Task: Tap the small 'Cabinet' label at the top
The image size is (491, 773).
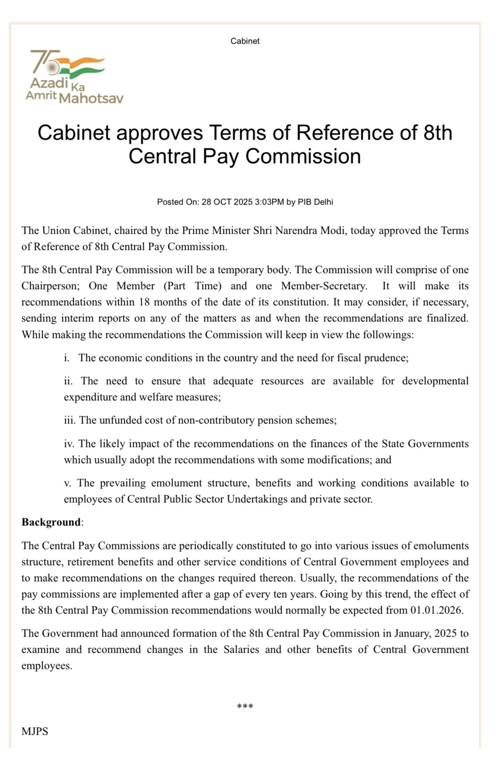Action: [245, 41]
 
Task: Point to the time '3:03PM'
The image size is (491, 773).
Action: [269, 202]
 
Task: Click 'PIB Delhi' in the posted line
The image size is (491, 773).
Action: [315, 202]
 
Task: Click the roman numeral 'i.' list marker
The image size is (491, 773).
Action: [67, 358]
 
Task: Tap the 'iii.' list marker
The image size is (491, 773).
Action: [70, 420]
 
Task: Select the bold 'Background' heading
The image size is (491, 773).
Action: [51, 522]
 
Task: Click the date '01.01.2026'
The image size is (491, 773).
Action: [436, 610]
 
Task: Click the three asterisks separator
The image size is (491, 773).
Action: [245, 706]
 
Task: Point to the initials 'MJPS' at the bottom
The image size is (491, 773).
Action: [35, 731]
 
